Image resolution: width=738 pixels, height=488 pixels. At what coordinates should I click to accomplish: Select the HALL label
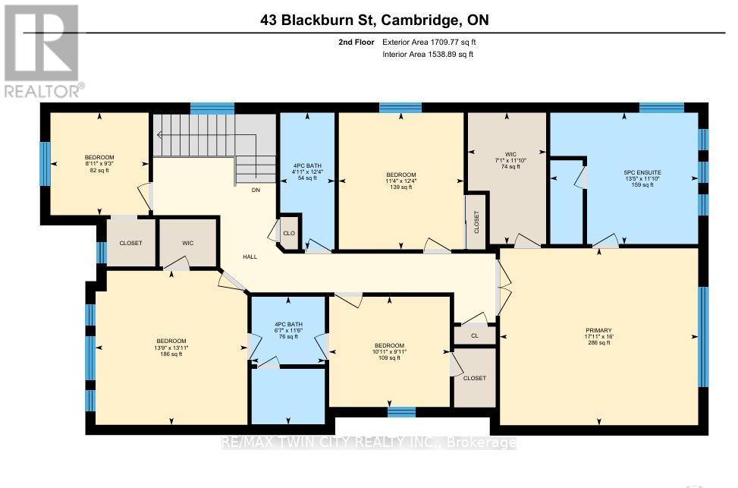point(250,257)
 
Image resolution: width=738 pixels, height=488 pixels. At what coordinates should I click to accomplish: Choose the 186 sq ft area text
point(171,354)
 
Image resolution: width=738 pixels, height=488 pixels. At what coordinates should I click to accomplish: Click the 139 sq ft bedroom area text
point(400,187)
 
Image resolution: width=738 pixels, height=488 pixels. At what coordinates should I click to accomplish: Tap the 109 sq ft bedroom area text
point(391,357)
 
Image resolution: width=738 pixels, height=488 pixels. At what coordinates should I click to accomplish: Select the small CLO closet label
point(289,234)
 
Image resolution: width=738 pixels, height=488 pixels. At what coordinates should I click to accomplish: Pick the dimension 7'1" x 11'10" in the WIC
point(506,160)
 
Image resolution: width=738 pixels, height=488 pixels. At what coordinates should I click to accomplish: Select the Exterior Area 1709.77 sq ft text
point(428,43)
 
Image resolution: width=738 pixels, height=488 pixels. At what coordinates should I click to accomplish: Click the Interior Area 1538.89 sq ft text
point(428,55)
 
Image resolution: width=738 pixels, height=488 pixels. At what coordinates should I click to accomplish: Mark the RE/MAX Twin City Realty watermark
point(369,442)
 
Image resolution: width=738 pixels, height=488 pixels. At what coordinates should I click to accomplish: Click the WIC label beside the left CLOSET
point(188,244)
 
